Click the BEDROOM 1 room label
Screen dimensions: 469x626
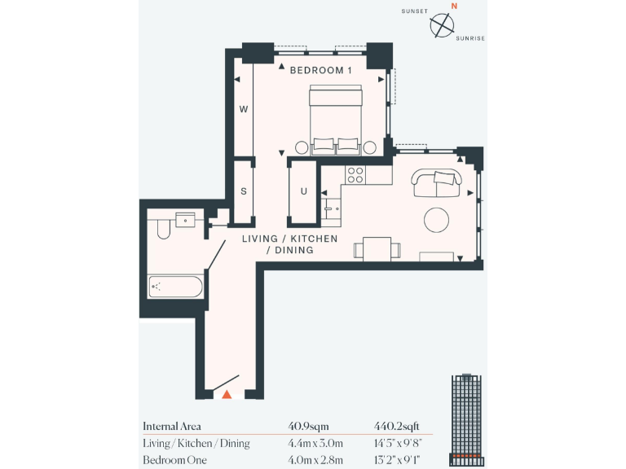pos(320,70)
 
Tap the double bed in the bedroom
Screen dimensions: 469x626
pos(335,119)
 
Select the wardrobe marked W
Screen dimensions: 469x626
pos(243,109)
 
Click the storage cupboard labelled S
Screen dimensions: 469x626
pos(243,191)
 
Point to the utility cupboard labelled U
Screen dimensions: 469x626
pos(303,192)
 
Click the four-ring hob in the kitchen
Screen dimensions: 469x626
pos(355,173)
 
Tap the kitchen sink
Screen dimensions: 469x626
pos(331,208)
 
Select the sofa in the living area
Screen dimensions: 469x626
pos(436,183)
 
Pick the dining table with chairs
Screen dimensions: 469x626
pos(377,248)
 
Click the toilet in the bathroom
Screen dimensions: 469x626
pos(161,227)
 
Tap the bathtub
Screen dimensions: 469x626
pos(176,287)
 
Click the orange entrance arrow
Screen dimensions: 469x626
pos(227,394)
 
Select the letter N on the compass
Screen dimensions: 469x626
pos(455,6)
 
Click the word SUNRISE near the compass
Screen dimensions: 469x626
pos(470,37)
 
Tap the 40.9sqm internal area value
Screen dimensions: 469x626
pos(306,426)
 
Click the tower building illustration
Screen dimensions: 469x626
pos(465,420)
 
